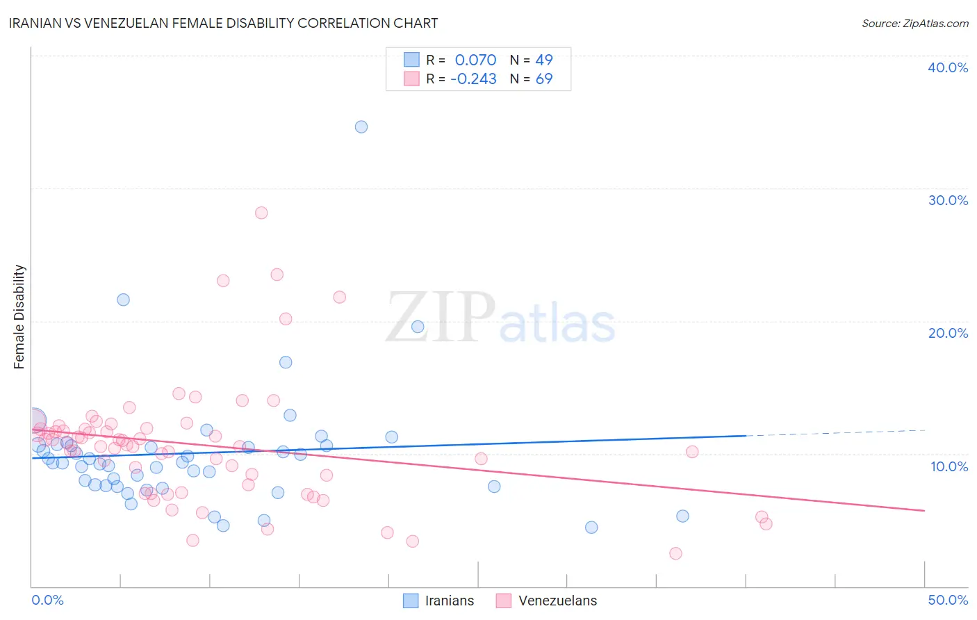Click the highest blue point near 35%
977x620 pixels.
[x=361, y=127]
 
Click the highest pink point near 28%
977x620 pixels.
[x=261, y=213]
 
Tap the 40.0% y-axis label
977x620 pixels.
[x=948, y=67]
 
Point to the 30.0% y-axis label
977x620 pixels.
[x=948, y=200]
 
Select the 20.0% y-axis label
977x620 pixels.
[x=948, y=333]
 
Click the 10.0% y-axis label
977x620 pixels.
[x=949, y=466]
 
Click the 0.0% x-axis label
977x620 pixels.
[x=47, y=600]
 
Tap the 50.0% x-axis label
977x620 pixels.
[x=948, y=600]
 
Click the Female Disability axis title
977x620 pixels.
[x=19, y=316]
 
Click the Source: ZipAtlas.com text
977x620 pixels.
[x=914, y=24]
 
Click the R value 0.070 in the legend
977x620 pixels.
[x=475, y=60]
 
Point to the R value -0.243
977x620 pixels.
[x=473, y=79]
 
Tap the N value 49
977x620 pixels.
[x=544, y=60]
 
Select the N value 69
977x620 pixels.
[x=544, y=79]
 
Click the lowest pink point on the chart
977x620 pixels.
[x=675, y=553]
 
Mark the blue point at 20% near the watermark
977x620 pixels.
[x=418, y=327]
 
